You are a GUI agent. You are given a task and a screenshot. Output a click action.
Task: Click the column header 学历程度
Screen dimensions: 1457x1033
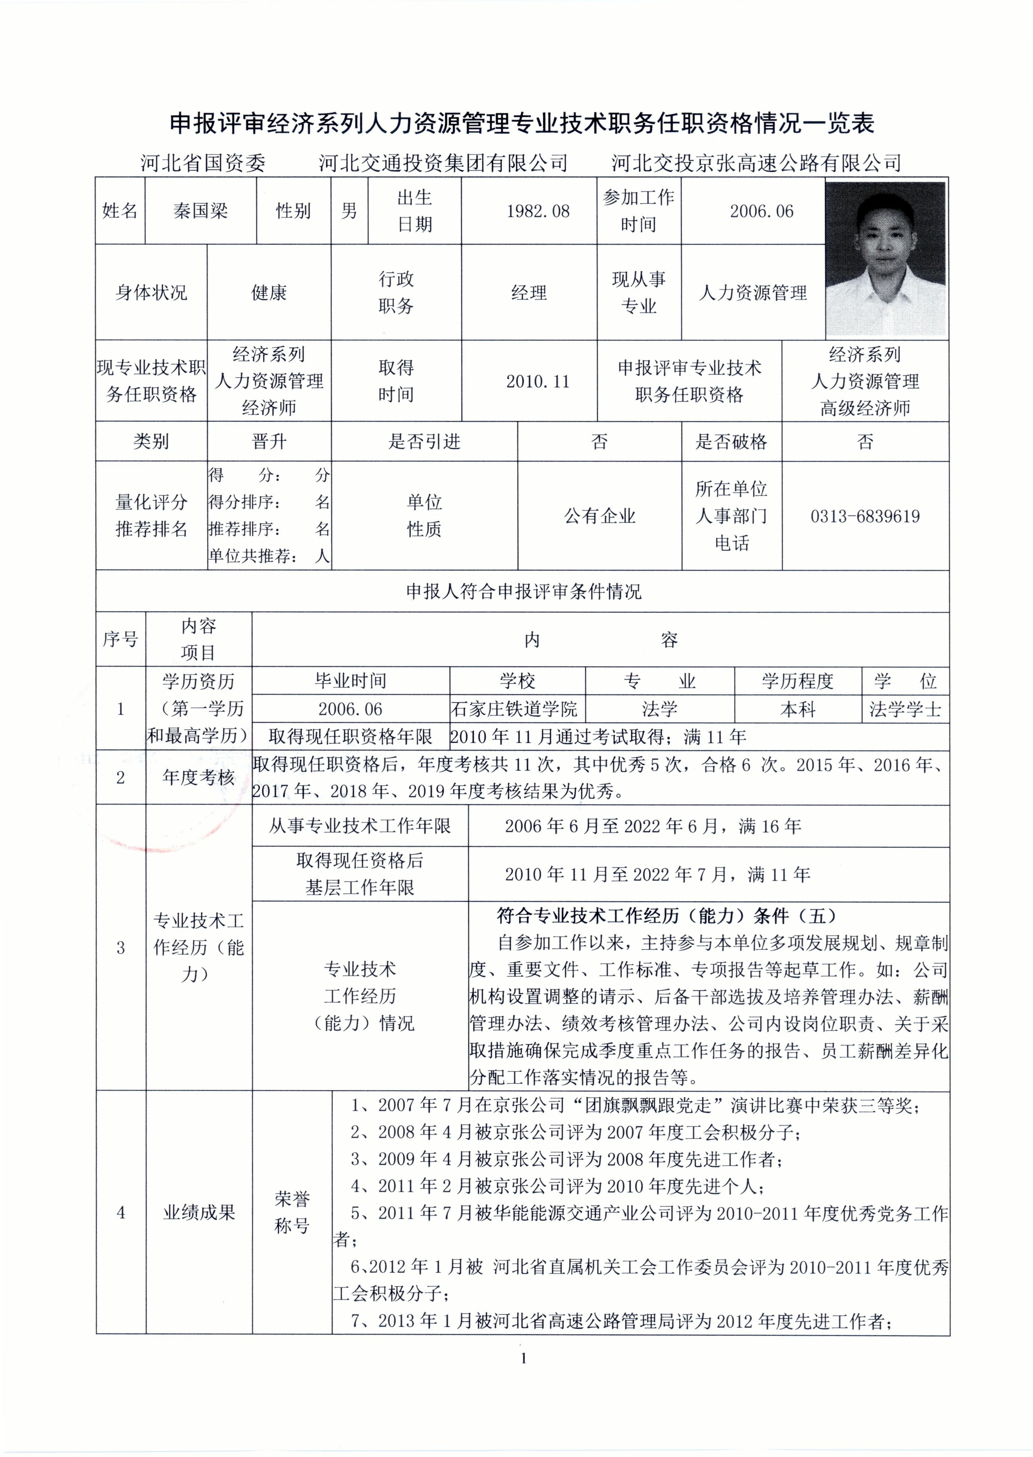click(798, 681)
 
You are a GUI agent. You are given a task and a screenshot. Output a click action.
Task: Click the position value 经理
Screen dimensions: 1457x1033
click(529, 293)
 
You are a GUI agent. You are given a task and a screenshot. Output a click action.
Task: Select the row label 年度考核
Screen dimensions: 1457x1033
click(198, 777)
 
